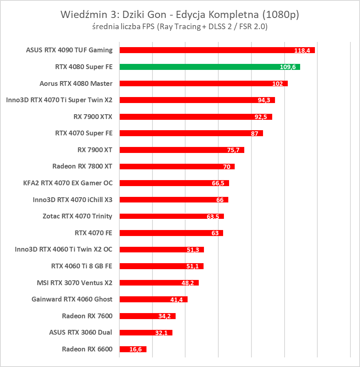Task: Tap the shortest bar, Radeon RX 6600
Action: [133, 349]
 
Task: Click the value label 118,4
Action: [303, 51]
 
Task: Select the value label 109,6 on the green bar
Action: [288, 67]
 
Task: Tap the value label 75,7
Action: [232, 150]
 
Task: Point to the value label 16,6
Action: [136, 349]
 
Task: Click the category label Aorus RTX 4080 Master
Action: [76, 83]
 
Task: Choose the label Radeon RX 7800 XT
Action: [82, 166]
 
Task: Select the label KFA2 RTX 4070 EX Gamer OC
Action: [68, 183]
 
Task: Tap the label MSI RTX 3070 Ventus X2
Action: [74, 283]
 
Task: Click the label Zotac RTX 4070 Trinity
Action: [77, 216]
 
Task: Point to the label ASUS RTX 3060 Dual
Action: [81, 332]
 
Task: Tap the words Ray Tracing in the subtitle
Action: [179, 27]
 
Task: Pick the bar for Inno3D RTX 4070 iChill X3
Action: [174, 200]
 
